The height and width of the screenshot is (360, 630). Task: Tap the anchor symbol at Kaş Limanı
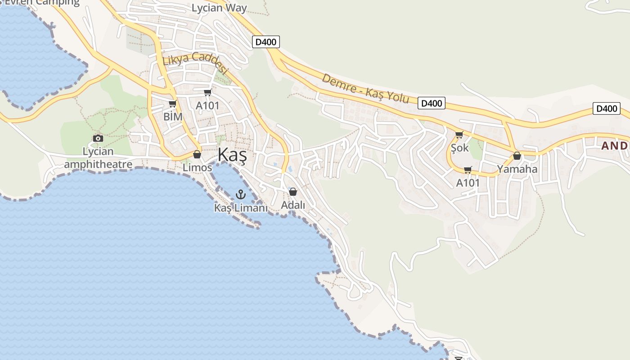point(241,194)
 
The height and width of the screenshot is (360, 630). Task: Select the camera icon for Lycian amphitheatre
point(98,138)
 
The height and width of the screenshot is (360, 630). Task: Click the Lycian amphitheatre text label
point(98,157)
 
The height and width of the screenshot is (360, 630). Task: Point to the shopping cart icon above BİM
point(172,104)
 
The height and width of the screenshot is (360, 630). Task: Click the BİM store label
point(173,117)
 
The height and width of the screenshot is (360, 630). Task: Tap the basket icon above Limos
point(197,154)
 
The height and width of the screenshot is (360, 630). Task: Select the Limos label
point(197,167)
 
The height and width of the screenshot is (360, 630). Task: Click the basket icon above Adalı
point(293,192)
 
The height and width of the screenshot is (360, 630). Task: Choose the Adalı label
point(293,205)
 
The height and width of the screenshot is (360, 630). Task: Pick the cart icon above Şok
point(459,135)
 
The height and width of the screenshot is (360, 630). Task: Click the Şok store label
point(459,148)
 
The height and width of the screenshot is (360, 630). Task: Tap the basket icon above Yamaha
point(517,156)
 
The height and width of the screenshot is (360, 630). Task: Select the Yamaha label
point(517,169)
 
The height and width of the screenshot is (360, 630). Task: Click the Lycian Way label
point(219,8)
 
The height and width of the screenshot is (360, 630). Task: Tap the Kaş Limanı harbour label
point(241,208)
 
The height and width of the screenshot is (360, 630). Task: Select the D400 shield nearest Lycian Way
point(266,42)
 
